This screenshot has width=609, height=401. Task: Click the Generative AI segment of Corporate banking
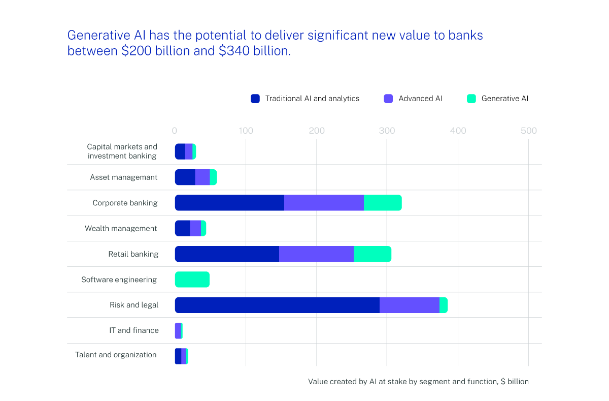383,203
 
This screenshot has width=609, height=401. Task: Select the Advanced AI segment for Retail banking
316,254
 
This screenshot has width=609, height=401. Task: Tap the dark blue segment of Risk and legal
277,305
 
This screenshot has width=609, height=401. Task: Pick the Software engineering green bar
192,280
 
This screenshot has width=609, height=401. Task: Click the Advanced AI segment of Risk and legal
409,305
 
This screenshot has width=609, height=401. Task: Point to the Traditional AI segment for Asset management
185,177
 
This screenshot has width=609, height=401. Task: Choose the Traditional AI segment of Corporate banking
229,203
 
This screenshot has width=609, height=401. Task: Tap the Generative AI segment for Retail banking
372,254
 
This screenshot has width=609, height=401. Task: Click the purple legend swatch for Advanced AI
388,99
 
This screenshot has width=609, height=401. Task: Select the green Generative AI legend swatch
471,99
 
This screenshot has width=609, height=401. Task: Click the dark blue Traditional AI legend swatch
255,99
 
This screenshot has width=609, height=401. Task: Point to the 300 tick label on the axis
387,131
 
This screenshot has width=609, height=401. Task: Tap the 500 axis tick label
528,131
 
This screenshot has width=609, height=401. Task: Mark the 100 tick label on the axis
246,131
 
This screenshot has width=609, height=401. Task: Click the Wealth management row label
121,229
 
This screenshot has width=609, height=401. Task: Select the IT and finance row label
134,330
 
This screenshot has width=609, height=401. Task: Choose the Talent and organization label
116,355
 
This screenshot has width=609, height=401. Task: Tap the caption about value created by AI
418,382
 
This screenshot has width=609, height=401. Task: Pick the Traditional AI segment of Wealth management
183,229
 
